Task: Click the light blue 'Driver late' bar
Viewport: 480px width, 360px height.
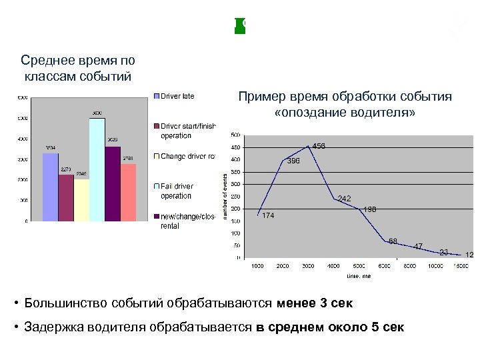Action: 51,187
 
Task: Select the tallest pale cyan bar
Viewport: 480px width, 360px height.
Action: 97,169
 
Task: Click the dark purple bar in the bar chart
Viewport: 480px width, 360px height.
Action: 113,183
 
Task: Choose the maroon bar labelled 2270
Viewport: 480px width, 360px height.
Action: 66,197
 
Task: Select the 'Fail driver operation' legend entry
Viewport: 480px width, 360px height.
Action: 176,191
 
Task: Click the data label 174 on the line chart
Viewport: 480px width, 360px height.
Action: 268,215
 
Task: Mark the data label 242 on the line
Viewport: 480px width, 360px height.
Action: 344,199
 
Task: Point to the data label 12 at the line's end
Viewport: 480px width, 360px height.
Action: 469,255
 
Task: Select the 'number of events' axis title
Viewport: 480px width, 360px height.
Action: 225,193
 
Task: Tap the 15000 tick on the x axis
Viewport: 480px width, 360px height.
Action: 460,266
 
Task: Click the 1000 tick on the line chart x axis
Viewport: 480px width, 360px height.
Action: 257,266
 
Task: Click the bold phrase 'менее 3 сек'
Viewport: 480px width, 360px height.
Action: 314,303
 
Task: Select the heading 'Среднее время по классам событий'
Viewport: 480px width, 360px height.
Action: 78,68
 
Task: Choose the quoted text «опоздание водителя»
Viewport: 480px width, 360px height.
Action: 345,113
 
